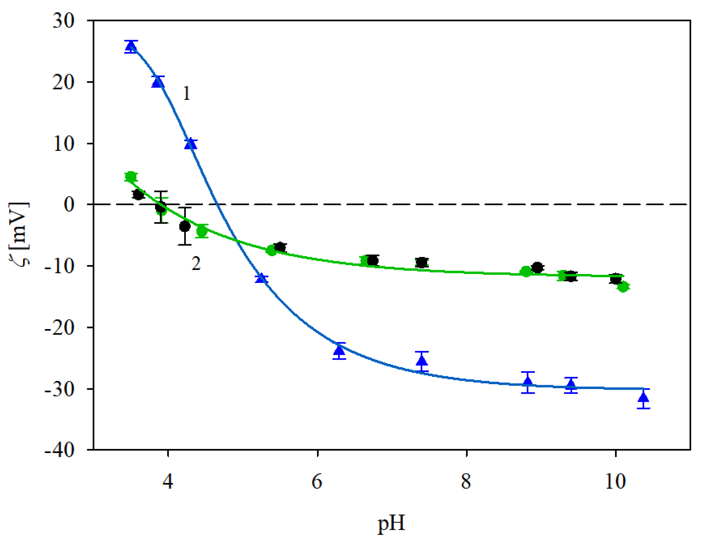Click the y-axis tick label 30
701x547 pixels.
pos(64,21)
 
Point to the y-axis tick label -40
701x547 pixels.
pos(59,450)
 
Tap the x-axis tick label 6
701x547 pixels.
pos(317,482)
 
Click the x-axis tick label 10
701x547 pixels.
pos(615,482)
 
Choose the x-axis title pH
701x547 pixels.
pos(391,524)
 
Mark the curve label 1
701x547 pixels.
pos(186,93)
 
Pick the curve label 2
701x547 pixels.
pos(196,264)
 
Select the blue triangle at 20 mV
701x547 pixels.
pos(158,82)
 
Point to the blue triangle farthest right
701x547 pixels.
pos(643,397)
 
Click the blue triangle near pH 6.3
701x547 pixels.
pos(339,350)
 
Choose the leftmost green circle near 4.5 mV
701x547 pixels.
pos(130,177)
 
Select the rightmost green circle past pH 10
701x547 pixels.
pos(623,287)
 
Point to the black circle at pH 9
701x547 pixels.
pos(537,267)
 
